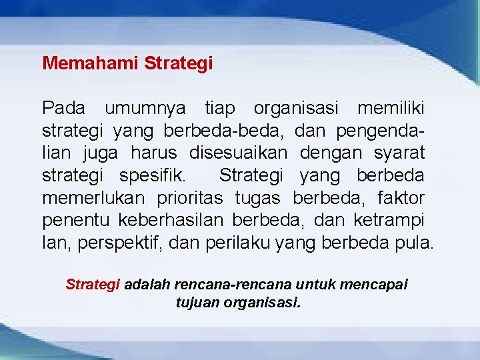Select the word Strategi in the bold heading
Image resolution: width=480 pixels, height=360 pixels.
[178, 64]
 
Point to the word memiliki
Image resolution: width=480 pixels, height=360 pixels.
[391, 107]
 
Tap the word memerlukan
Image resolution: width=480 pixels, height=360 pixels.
[94, 198]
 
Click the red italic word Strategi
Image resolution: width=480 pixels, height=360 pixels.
[93, 285]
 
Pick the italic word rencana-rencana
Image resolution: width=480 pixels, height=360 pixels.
[239, 285]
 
